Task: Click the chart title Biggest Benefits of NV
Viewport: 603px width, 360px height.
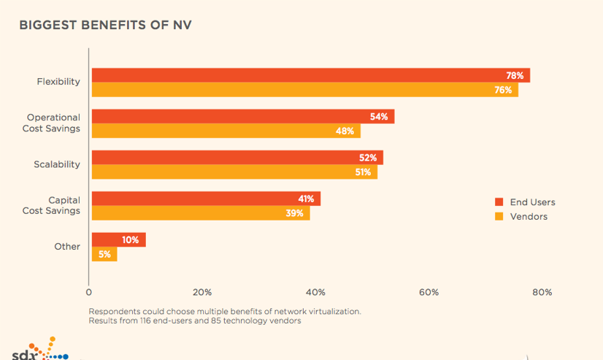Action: pyautogui.click(x=105, y=26)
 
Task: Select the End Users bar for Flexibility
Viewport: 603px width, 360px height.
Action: pyautogui.click(x=310, y=75)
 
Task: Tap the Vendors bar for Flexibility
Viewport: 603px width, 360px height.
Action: pyautogui.click(x=304, y=90)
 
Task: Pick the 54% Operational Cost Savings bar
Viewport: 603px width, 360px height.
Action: pyautogui.click(x=242, y=117)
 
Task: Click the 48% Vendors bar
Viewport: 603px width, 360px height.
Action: pyautogui.click(x=226, y=131)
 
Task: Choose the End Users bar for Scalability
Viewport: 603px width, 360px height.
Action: pyautogui.click(x=237, y=158)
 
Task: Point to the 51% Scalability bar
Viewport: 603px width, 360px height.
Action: pyautogui.click(x=234, y=172)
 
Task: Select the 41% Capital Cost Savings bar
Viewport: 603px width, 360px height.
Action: pyautogui.click(x=205, y=199)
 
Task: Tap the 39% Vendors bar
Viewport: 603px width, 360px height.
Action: pyautogui.click(x=200, y=213)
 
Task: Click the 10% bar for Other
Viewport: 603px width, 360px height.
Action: pyautogui.click(x=118, y=240)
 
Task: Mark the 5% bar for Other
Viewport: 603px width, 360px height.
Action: pyautogui.click(x=104, y=254)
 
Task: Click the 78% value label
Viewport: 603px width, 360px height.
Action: pyautogui.click(x=515, y=76)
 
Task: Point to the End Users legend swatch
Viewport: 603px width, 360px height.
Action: pyautogui.click(x=499, y=202)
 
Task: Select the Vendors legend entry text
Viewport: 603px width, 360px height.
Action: pyautogui.click(x=529, y=216)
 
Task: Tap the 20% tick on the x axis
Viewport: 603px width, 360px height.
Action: pyautogui.click(x=202, y=292)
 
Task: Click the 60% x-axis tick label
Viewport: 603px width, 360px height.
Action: pyautogui.click(x=429, y=292)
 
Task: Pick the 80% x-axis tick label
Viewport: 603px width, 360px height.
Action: pyautogui.click(x=542, y=292)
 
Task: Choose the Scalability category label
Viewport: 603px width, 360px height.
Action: pyautogui.click(x=57, y=164)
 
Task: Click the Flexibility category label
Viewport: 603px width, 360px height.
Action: pyautogui.click(x=58, y=82)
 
